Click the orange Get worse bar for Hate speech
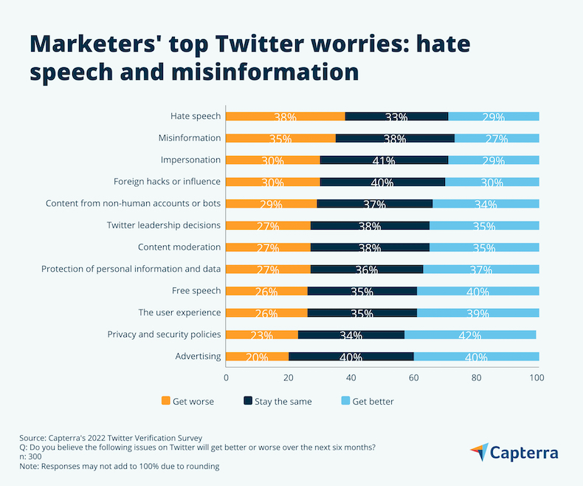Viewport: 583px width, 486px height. click(x=285, y=116)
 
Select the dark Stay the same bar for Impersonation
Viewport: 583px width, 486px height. click(x=384, y=160)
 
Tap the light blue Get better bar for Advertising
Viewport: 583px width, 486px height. click(x=476, y=357)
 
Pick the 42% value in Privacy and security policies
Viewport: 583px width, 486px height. click(x=470, y=335)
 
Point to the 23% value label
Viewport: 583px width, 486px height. click(x=261, y=335)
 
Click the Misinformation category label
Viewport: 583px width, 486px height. click(x=190, y=137)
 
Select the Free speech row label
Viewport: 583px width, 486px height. click(x=196, y=290)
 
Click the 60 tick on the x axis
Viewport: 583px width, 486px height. click(x=414, y=378)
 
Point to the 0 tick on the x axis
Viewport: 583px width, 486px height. click(x=226, y=378)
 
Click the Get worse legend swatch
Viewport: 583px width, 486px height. click(x=165, y=401)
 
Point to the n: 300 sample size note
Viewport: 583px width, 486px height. click(x=36, y=456)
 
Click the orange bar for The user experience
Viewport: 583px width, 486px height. click(x=266, y=312)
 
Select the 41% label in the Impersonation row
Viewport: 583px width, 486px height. click(x=384, y=160)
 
